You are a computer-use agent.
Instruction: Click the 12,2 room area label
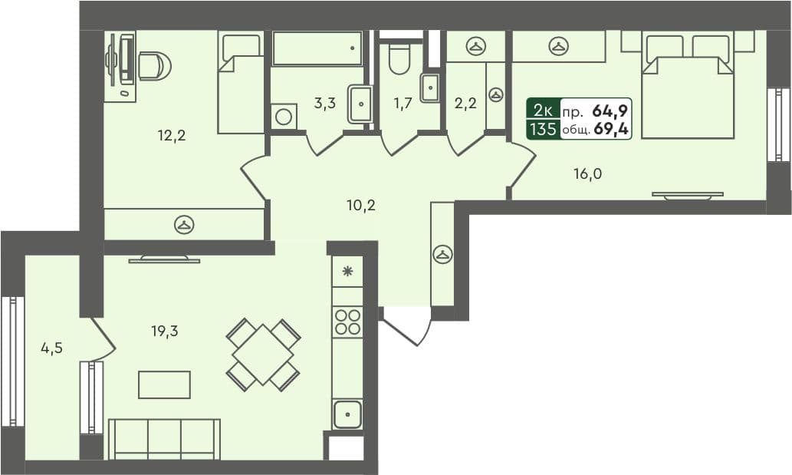point(172,137)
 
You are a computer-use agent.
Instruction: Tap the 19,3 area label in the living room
point(166,332)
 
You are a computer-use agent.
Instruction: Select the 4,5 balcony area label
point(51,348)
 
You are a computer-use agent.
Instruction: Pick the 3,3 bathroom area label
point(325,104)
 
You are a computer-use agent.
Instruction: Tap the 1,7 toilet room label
point(403,104)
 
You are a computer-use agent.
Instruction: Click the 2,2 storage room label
point(465,104)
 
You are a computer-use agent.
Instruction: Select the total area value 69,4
point(610,130)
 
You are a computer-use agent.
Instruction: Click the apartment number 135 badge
point(542,129)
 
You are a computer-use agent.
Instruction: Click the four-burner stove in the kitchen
point(347,321)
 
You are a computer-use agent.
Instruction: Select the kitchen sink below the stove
point(347,414)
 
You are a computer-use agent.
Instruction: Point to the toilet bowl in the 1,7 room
point(399,58)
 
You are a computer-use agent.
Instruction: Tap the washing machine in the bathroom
point(283,117)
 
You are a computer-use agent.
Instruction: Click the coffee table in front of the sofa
point(164,384)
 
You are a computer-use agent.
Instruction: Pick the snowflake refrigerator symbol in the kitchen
point(347,271)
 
